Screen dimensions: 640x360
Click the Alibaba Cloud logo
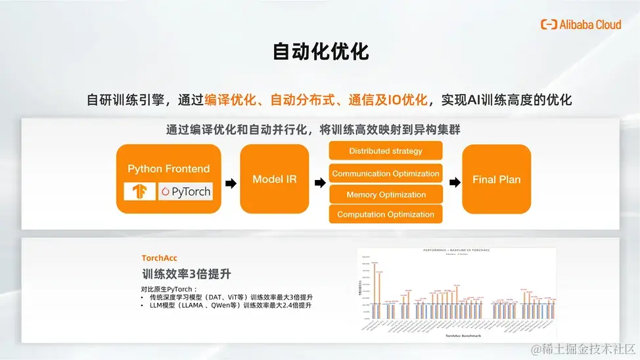tap(580, 24)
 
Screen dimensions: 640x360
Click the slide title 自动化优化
tap(321, 52)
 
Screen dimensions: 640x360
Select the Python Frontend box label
tap(169, 169)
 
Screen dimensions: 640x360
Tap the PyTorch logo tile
tap(186, 192)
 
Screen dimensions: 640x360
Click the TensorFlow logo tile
tap(139, 192)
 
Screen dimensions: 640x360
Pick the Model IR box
tap(275, 179)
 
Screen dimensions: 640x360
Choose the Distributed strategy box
tap(386, 151)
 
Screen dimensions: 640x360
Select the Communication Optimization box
tap(386, 173)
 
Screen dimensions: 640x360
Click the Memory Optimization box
tap(386, 194)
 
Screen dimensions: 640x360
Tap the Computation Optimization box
tap(386, 214)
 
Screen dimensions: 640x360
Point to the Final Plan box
tap(496, 179)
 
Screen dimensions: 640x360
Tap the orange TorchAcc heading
tap(160, 258)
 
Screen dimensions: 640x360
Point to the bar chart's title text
tap(457, 251)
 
